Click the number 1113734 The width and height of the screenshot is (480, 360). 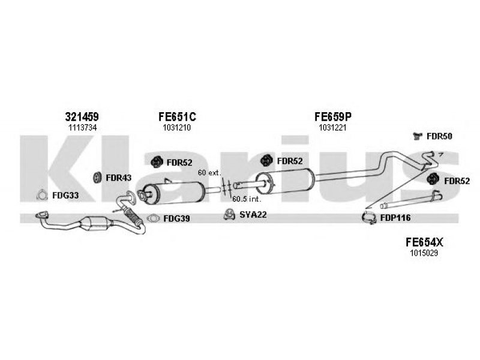pos(82,128)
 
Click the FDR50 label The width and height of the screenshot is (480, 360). pos(439,136)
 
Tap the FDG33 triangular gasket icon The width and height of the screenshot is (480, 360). pos(41,194)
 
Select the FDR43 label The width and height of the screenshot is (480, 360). pos(118,178)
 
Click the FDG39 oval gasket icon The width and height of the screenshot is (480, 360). pos(153,218)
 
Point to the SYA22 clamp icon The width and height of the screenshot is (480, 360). pos(228,214)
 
